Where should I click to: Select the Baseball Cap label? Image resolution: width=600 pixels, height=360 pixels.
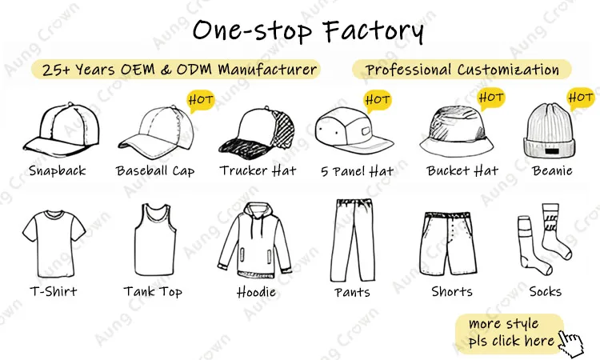[155, 170]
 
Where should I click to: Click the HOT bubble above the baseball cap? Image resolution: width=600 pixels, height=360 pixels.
[200, 100]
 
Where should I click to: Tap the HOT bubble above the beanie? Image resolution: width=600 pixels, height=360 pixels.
[580, 98]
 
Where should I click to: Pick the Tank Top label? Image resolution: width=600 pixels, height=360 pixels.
[153, 291]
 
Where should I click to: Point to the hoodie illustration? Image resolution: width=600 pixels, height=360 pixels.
[257, 240]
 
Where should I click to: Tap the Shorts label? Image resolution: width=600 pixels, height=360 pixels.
[452, 291]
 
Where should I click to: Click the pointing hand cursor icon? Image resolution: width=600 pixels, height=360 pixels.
[570, 342]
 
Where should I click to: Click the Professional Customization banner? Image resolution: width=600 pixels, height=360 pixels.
[462, 70]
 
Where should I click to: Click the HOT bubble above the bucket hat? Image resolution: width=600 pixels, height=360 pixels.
[491, 98]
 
